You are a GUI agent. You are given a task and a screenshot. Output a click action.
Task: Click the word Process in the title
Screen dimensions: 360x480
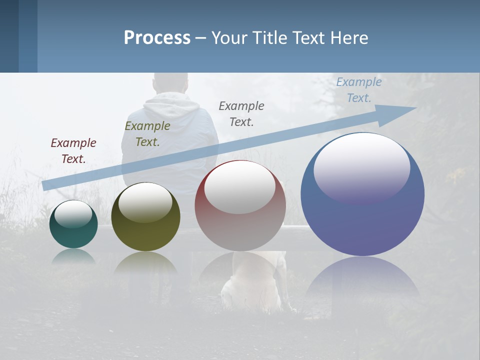coord(157,38)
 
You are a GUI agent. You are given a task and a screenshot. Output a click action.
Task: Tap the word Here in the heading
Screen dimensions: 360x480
coord(347,38)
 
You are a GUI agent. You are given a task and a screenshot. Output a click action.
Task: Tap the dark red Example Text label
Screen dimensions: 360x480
coord(73,150)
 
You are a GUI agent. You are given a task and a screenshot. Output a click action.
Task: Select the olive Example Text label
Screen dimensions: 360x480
coord(147,133)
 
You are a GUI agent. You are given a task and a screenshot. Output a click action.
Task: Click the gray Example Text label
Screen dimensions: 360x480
coord(241,113)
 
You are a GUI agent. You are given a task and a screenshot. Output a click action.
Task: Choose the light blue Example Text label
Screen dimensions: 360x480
coord(359,89)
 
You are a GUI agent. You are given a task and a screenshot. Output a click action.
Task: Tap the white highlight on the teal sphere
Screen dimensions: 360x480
coord(73,214)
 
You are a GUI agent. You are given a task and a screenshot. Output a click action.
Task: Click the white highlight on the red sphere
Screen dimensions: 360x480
coord(240,187)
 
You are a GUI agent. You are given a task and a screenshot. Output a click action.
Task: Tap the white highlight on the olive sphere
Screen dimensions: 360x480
coord(145,202)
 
